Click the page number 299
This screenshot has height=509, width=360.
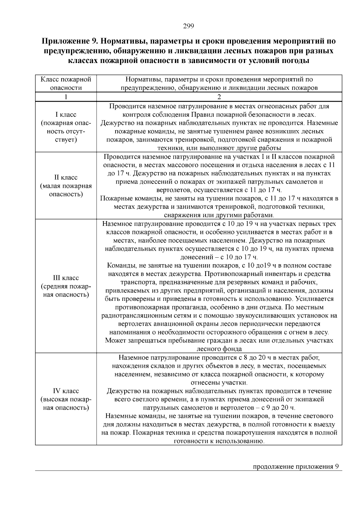click(x=189, y=26)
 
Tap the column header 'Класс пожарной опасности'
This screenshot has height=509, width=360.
click(x=66, y=84)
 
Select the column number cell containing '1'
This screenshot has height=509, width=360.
click(x=66, y=97)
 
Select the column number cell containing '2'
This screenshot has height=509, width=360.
click(x=219, y=97)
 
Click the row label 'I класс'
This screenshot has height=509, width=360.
click(x=66, y=115)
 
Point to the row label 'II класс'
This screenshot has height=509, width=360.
click(x=66, y=178)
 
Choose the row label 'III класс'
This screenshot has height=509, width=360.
click(x=66, y=278)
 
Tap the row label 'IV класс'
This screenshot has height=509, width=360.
click(x=66, y=391)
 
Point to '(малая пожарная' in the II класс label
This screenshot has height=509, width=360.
click(x=66, y=186)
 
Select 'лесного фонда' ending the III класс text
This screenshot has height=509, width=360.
click(x=219, y=349)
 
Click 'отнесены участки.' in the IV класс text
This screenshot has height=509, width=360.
click(x=219, y=383)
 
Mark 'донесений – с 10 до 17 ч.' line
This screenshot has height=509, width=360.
click(x=219, y=257)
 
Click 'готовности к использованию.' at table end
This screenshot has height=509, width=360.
click(x=219, y=441)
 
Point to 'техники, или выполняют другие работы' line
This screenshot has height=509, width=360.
click(x=219, y=148)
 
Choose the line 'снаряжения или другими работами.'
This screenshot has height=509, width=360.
click(x=219, y=215)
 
